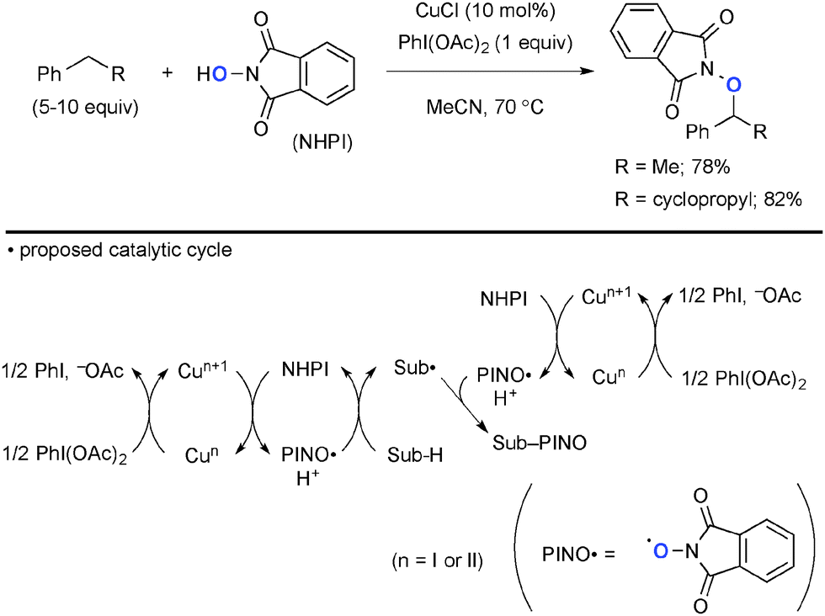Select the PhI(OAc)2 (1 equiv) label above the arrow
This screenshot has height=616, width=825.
click(x=487, y=44)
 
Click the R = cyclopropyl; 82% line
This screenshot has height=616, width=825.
click(x=707, y=200)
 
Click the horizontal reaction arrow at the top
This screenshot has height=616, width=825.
click(x=487, y=73)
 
